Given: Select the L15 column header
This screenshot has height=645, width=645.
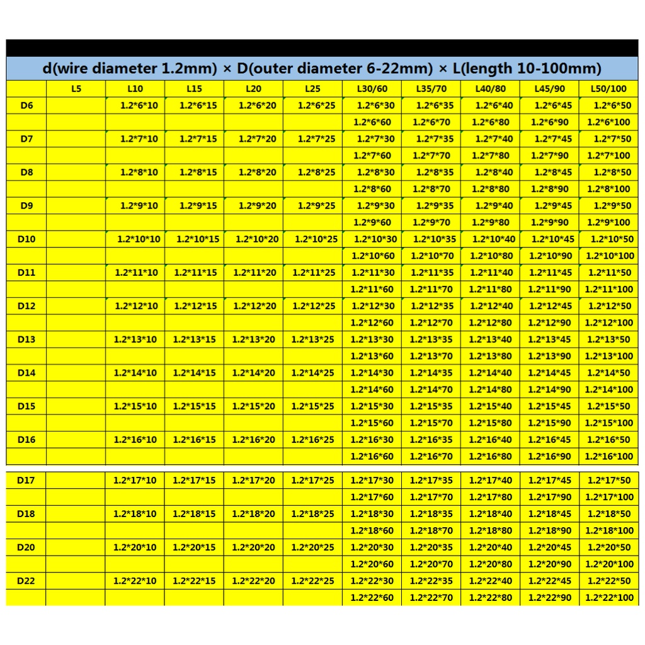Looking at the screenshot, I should coord(194,89).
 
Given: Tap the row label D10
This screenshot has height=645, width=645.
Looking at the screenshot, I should coord(26,239).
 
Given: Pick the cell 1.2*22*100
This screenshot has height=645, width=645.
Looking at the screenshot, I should coord(609,597).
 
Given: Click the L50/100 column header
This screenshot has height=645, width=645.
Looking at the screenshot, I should coord(609,89).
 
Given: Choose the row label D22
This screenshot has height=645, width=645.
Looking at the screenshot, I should coord(26,581).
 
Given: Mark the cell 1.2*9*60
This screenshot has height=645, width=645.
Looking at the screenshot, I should coord(372,222).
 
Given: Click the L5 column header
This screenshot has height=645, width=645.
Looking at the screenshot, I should coord(76,89).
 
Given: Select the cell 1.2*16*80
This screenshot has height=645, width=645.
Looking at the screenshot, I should coord(491,456).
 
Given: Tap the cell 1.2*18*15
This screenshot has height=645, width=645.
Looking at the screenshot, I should coord(194,514).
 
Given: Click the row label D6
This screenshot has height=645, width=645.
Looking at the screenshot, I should coord(26,105).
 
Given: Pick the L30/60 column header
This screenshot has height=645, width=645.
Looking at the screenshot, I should coord(372,89).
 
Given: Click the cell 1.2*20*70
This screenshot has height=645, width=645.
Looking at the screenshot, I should coord(431,564).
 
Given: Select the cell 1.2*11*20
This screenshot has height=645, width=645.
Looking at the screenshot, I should coord(254,273).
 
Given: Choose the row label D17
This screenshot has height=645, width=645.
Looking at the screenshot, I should coord(26,481).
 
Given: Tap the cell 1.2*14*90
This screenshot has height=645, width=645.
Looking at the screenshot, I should coord(550,389).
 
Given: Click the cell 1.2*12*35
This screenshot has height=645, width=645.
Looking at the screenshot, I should coord(431,306).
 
